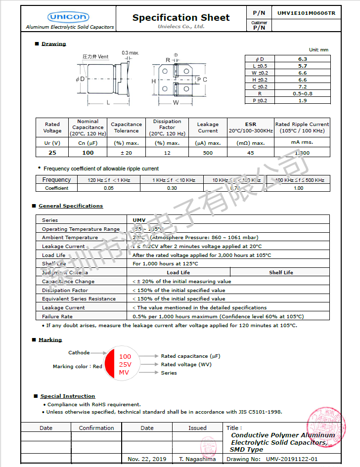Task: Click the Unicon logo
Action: (x=69, y=17)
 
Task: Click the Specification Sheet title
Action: (x=181, y=18)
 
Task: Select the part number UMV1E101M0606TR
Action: (x=306, y=13)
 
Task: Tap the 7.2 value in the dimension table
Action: (x=303, y=86)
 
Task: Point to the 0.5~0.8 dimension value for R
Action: (x=303, y=93)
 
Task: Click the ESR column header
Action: (x=251, y=125)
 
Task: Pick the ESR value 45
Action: (x=251, y=153)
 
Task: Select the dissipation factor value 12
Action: (x=167, y=153)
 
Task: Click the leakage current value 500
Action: (x=208, y=153)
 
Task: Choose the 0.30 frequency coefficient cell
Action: (x=172, y=188)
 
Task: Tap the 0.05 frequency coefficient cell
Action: (x=109, y=188)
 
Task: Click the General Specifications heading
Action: (x=71, y=206)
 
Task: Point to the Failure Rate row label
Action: (x=57, y=316)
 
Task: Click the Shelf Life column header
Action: (x=281, y=272)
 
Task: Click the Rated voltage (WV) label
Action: (x=186, y=365)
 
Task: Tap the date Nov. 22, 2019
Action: (x=147, y=459)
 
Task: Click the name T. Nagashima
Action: (x=197, y=459)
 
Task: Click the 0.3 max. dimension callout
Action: (x=131, y=52)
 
